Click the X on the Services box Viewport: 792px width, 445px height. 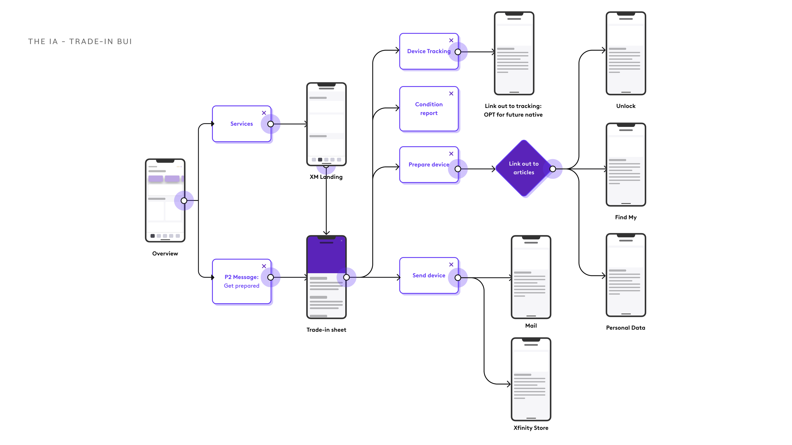click(x=264, y=113)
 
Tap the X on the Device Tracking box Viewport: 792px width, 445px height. click(x=451, y=41)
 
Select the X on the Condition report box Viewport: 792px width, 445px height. click(x=451, y=94)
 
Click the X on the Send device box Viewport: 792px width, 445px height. click(x=451, y=265)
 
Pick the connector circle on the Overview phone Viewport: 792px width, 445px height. click(x=184, y=201)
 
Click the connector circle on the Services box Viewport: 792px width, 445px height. click(x=271, y=124)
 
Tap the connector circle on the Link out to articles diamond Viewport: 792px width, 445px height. click(x=552, y=169)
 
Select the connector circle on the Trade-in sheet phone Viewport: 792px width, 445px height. click(x=346, y=278)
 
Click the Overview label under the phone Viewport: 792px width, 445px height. click(x=165, y=254)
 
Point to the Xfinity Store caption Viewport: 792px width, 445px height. click(x=531, y=428)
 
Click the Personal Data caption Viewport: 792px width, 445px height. click(x=626, y=328)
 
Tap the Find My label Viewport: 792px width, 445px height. click(x=626, y=217)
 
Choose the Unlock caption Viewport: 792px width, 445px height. click(x=626, y=106)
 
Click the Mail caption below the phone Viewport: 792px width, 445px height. click(x=531, y=326)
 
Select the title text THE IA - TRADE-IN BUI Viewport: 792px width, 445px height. click(x=80, y=42)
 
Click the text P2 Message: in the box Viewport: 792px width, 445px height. click(x=241, y=277)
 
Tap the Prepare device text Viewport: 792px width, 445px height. click(x=429, y=165)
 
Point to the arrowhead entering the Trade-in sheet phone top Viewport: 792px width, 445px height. click(x=326, y=233)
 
